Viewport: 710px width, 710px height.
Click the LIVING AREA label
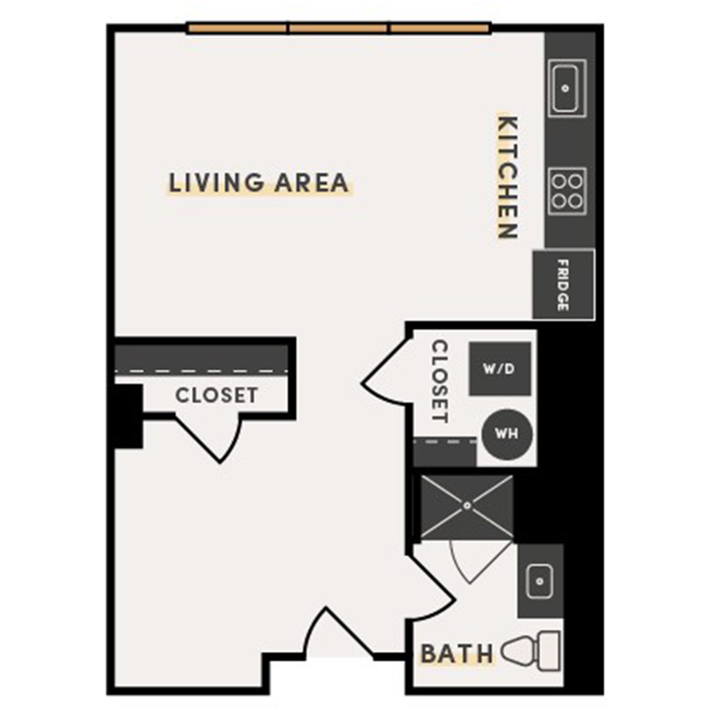[259, 182]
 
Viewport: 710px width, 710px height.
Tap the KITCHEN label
[507, 177]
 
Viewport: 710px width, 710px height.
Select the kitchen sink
[566, 88]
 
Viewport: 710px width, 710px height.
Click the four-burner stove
[567, 190]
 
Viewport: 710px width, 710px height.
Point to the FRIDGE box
[562, 284]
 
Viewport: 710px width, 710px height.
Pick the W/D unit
[499, 368]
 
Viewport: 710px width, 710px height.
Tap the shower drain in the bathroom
[467, 506]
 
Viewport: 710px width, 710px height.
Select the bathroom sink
[540, 581]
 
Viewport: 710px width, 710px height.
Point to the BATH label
[457, 654]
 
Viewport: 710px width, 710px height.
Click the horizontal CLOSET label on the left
[216, 394]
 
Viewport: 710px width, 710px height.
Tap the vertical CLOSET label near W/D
[439, 381]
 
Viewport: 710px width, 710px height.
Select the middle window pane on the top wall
[339, 29]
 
